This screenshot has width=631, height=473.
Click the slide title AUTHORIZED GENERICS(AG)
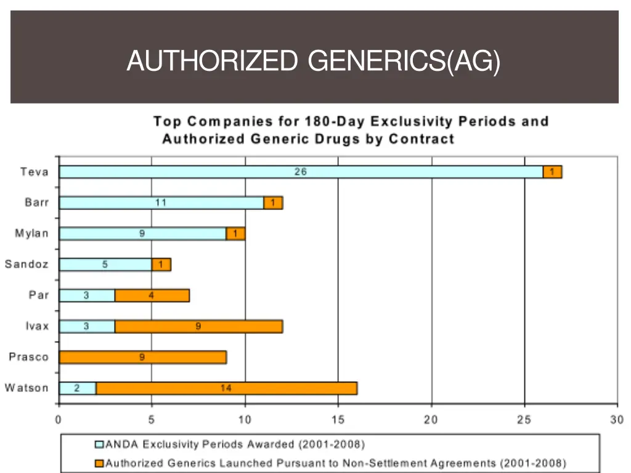coord(313,62)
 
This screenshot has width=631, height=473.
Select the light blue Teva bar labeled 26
coord(301,172)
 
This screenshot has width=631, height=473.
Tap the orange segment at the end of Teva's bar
coord(552,172)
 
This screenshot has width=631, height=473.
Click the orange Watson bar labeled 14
coord(226,388)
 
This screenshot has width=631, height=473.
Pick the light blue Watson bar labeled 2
coord(78,388)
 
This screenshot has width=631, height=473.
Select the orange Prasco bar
coord(142,357)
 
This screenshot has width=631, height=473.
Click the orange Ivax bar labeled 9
coord(198,326)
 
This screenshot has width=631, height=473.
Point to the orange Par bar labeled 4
coord(152,296)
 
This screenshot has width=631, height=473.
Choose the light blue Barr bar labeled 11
coord(161,203)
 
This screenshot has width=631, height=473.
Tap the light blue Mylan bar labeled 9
coord(142,233)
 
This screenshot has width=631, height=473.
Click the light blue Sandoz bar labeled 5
coord(105,264)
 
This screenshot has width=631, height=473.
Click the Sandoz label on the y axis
coord(26,264)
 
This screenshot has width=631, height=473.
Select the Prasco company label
coord(28,357)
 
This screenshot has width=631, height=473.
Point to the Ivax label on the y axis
coord(37,326)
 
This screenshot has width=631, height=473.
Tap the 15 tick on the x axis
coord(338,420)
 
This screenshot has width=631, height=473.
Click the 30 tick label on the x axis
coord(617,420)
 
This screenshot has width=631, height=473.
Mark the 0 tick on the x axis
coord(59,420)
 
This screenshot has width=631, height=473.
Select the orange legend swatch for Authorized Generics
coord(99,463)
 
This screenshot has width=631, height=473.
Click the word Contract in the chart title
coord(421,139)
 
